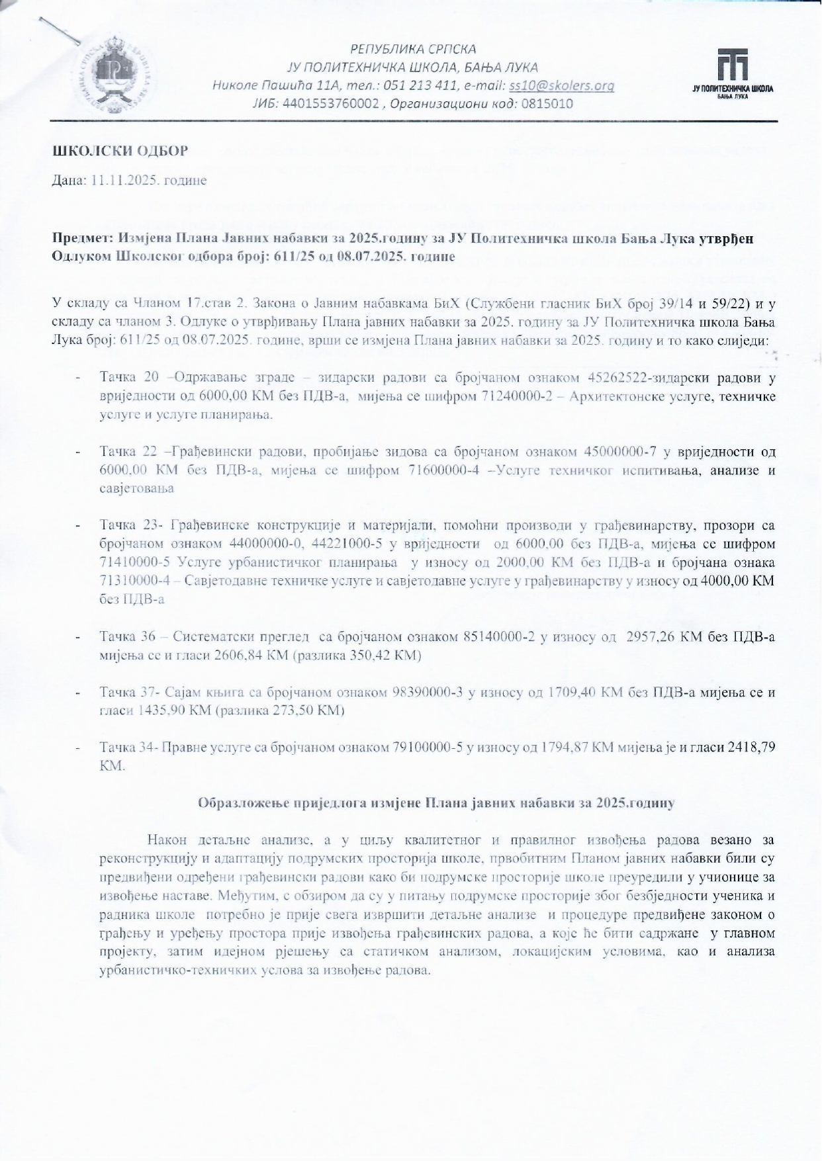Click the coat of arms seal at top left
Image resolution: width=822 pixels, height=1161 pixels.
click(x=120, y=77)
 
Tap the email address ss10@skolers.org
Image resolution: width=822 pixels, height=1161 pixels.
click(x=561, y=85)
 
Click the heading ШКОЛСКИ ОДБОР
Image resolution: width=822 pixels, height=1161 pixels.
click(x=120, y=151)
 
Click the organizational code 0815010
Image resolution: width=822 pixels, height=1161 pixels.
click(x=547, y=104)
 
